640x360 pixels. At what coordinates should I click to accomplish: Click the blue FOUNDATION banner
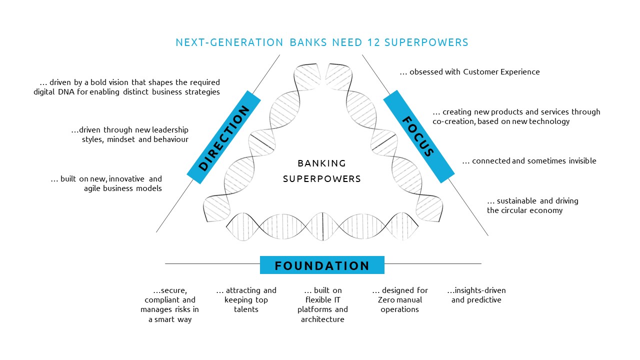pyautogui.click(x=322, y=265)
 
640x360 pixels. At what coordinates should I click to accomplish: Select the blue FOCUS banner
pyautogui.click(x=418, y=136)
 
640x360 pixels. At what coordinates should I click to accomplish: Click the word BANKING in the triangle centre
pyautogui.click(x=321, y=163)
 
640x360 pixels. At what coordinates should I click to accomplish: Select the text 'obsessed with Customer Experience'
pyautogui.click(x=474, y=72)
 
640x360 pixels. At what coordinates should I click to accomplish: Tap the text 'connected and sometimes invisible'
pyautogui.click(x=534, y=161)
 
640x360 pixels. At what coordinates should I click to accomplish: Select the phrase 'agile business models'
pyautogui.click(x=123, y=188)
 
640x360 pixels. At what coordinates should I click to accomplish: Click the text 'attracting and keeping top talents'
pyautogui.click(x=246, y=300)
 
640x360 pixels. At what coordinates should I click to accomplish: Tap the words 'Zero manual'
pyautogui.click(x=400, y=300)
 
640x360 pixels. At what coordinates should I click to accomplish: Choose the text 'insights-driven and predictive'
pyautogui.click(x=476, y=295)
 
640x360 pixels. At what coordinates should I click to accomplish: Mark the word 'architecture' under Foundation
pyautogui.click(x=322, y=319)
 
